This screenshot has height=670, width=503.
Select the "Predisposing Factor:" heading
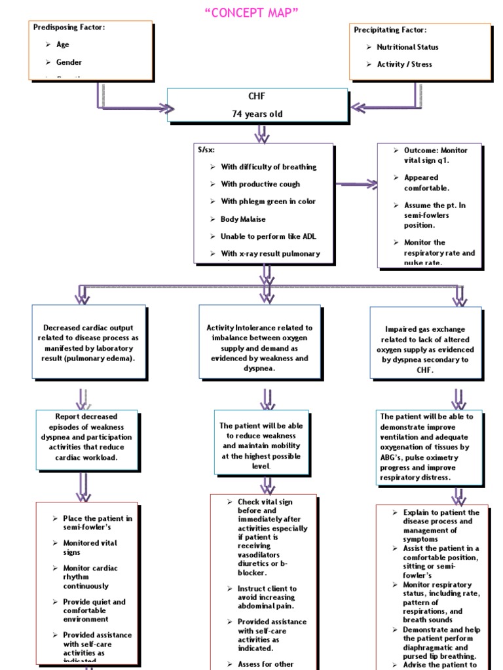tap(69, 27)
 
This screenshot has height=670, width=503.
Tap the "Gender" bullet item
tap(69, 62)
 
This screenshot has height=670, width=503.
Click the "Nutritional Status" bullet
tap(407, 47)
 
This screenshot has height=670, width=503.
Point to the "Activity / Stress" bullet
tap(404, 64)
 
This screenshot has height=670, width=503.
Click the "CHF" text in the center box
tap(257, 96)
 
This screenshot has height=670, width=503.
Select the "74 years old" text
tap(257, 114)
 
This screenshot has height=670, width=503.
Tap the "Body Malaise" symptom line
tap(243, 219)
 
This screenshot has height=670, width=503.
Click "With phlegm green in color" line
tap(268, 202)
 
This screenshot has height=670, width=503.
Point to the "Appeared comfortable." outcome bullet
tap(426, 183)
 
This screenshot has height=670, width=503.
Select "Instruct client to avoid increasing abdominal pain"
tap(266, 597)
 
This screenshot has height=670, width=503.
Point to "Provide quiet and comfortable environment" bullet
tap(94, 610)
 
